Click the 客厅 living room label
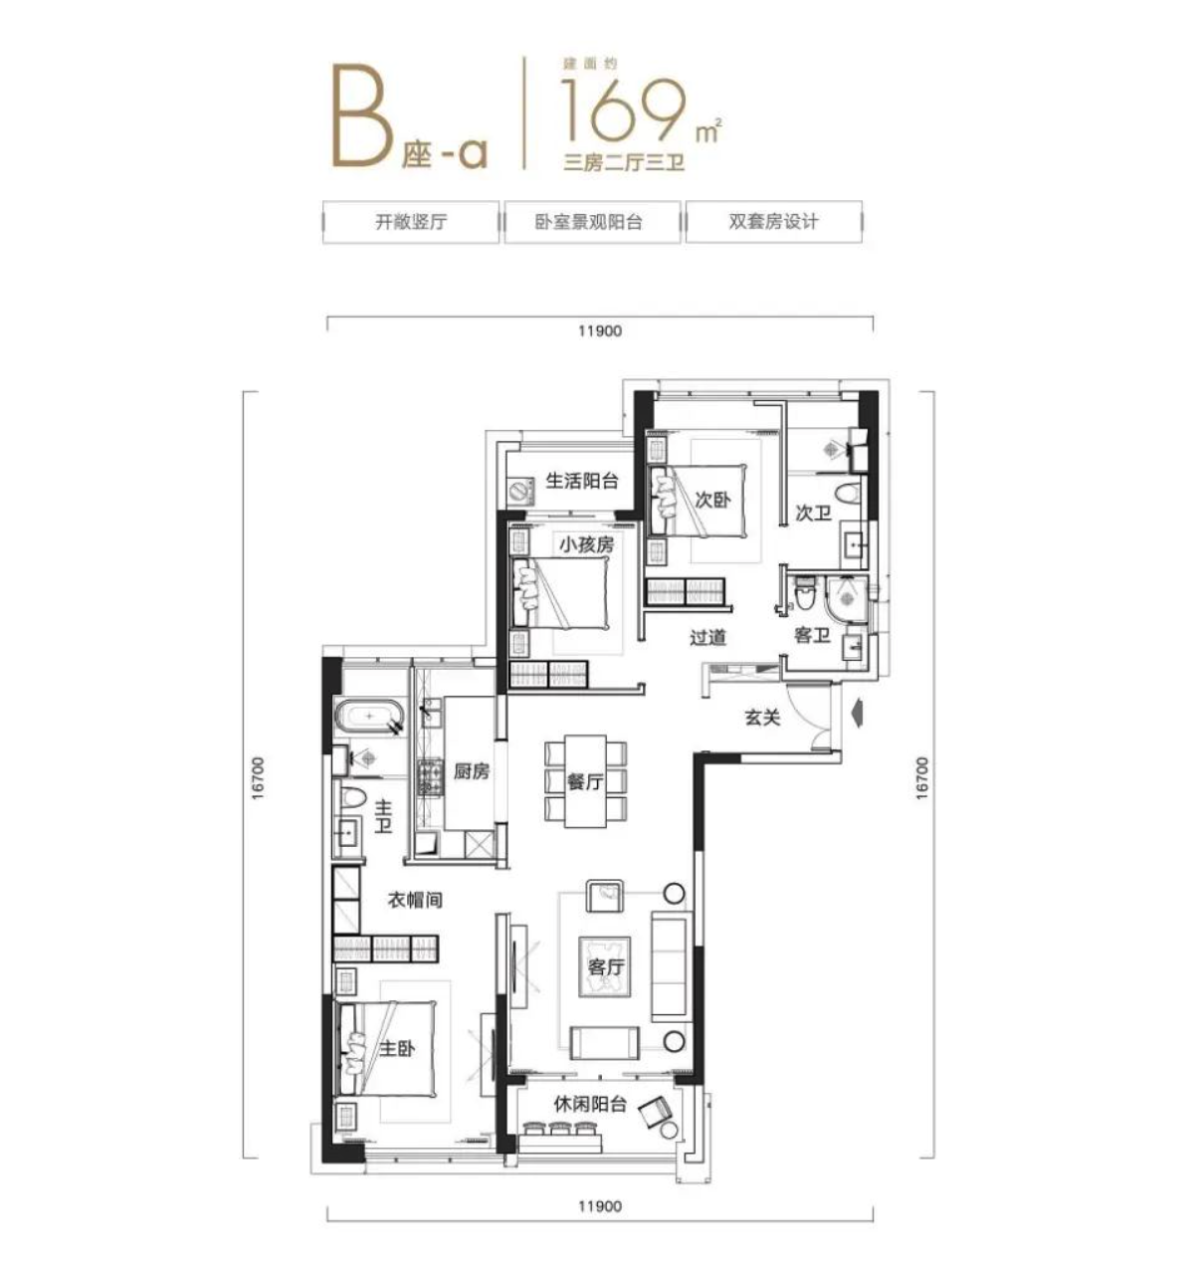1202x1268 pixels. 605,966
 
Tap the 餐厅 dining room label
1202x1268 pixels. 585,781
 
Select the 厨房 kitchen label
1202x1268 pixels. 472,770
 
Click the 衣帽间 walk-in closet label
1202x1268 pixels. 414,901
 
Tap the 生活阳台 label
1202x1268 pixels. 582,482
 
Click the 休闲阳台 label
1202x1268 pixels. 590,1103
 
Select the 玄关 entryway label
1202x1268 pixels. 762,717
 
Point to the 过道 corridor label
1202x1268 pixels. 708,637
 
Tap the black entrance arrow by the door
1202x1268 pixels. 854,714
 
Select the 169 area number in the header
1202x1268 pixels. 626,108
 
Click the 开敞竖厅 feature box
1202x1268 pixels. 410,222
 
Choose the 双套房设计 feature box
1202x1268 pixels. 773,222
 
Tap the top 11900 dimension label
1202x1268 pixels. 599,330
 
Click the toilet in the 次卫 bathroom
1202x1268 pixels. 848,495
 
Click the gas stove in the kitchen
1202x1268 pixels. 430,777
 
